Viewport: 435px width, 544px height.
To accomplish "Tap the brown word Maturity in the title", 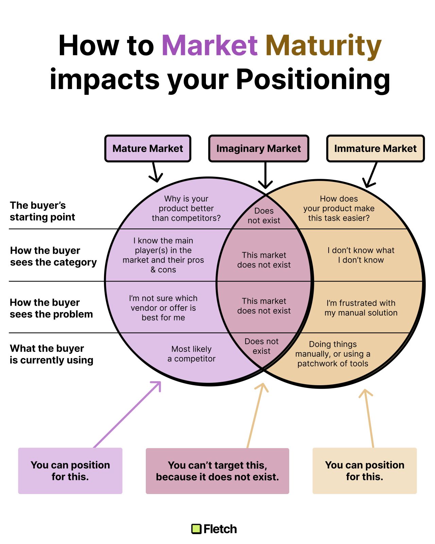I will (x=323, y=46).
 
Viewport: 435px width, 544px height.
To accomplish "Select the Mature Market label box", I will (x=147, y=149).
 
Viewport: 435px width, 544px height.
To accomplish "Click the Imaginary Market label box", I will (x=259, y=149).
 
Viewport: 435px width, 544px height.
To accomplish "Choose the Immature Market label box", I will (x=375, y=149).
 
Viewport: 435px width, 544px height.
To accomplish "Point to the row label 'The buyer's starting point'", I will (x=42, y=211).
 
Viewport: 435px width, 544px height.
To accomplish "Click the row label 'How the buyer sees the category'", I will (x=53, y=256).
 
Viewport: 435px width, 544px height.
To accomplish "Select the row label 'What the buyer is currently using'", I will (x=51, y=354).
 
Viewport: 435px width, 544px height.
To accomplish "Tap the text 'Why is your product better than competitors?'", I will (x=186, y=208).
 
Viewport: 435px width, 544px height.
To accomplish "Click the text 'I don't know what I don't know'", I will (x=361, y=255).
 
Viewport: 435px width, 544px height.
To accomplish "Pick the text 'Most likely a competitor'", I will (x=191, y=354).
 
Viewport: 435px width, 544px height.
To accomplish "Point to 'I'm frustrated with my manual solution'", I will (x=361, y=308).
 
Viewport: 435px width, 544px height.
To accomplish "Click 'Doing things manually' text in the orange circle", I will (x=333, y=354).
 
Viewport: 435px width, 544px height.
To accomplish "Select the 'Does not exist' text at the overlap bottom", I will (x=261, y=346).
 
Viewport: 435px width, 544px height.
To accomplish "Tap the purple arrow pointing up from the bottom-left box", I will (x=127, y=414).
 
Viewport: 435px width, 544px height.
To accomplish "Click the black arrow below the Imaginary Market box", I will (x=265, y=175).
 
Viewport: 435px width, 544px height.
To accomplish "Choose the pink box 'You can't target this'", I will (x=217, y=471).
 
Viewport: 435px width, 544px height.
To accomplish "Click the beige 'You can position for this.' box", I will (x=364, y=471).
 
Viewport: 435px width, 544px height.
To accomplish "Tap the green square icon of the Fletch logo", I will (x=196, y=529).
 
